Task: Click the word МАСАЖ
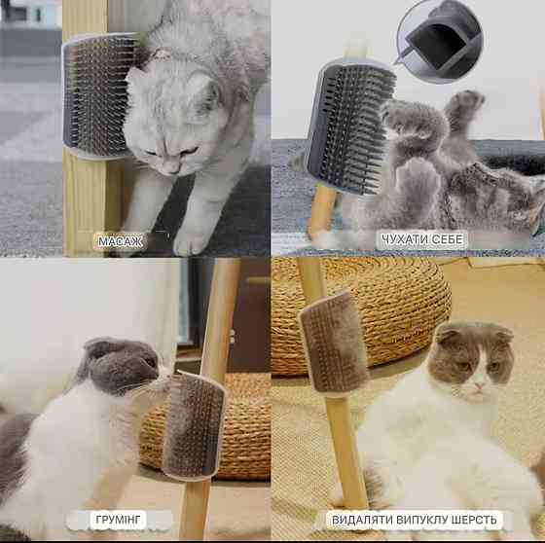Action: (120, 241)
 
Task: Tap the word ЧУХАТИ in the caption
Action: (403, 239)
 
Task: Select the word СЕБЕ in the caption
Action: (446, 239)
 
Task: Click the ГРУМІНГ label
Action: (118, 520)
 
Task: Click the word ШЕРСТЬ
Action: (474, 520)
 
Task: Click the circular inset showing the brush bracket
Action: (440, 42)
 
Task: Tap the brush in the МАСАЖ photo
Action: (99, 95)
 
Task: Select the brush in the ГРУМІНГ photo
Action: (195, 426)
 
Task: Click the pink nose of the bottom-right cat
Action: (479, 385)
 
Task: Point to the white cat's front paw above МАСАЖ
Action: (191, 239)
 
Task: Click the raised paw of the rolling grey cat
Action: (465, 102)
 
